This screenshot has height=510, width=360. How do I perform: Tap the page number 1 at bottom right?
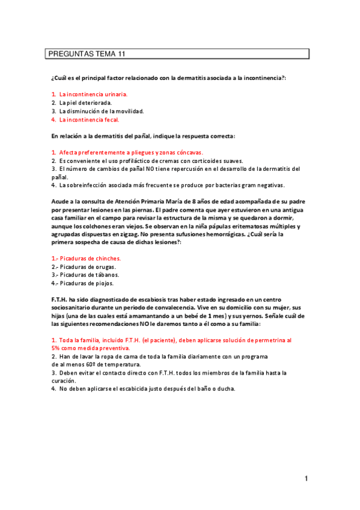coord(306,479)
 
